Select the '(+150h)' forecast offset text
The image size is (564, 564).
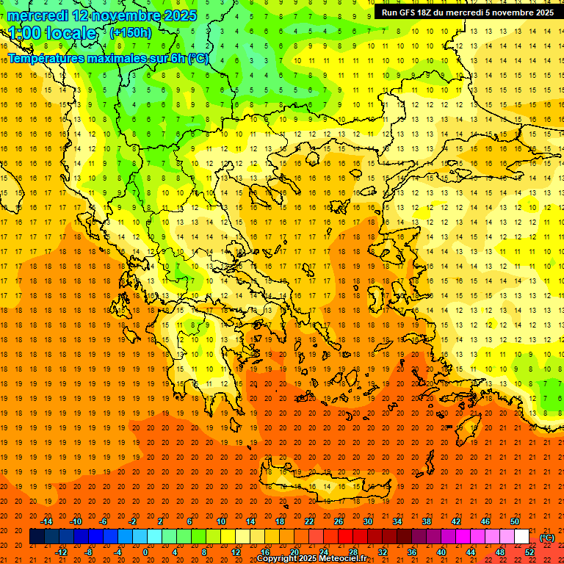(131, 32)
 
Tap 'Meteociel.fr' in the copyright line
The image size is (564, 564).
(342, 559)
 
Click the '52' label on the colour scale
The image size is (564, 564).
(529, 552)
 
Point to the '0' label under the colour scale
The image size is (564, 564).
(145, 552)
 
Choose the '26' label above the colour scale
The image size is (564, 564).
(339, 521)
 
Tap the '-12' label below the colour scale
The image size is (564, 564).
(61, 552)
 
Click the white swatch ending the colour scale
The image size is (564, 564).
(521, 537)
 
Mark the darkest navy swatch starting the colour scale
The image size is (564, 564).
(37, 537)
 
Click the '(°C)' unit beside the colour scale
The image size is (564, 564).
(547, 537)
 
